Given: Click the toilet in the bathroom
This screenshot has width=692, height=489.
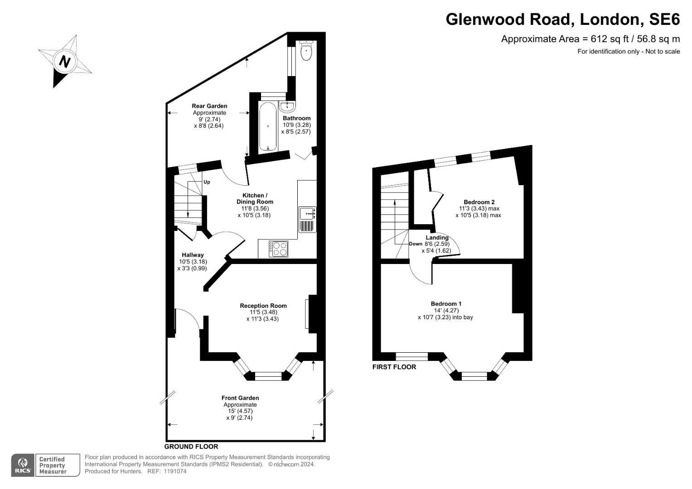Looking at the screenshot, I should coord(307,50).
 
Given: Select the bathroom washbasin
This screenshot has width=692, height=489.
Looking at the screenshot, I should coord(287,106).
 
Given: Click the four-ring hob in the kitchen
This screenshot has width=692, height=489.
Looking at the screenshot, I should coord(278,249).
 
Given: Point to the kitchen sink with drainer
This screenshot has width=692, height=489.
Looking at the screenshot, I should coord(308,219).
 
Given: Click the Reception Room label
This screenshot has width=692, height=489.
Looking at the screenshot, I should coord(263,306).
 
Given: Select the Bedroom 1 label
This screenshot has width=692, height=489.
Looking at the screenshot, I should coord(446,303).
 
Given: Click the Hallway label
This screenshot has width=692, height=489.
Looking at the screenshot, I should coord(193,255).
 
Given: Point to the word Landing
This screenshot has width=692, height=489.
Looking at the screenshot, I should coord(437,237).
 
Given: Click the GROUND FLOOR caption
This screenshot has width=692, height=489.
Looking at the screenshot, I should coord(191,446).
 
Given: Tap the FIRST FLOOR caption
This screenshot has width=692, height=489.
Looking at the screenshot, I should coord(394,367).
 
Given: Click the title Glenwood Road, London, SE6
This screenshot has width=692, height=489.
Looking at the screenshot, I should coord(562,19).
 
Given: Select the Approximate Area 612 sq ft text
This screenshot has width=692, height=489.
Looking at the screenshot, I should coord(590,39).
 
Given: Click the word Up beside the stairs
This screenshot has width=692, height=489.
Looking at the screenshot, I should coord(207,182).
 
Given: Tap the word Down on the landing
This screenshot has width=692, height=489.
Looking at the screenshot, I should coord(416,244).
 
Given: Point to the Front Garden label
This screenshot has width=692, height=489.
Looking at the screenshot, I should coord(240,398).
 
